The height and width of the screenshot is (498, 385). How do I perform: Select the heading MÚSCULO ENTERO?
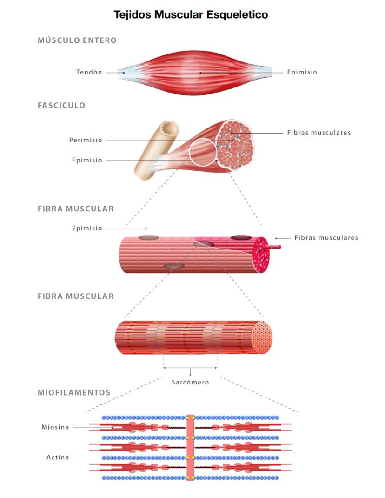tap(77, 40)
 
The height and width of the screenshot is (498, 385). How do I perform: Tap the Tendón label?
tap(89, 72)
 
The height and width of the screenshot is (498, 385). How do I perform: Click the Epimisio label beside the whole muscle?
tap(302, 72)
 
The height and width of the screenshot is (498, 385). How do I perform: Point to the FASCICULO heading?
tap(61, 105)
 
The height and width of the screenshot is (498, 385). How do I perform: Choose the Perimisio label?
tap(86, 140)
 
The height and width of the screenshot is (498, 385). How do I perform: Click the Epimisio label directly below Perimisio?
tap(87, 160)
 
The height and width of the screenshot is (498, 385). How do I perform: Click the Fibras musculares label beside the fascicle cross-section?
tap(319, 133)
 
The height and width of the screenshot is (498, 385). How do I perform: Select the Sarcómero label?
tap(190, 382)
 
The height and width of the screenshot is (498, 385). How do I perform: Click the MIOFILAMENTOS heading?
tap(74, 393)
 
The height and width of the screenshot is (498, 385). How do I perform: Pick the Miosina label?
tap(55, 427)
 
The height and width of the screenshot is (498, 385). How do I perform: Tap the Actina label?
tap(58, 458)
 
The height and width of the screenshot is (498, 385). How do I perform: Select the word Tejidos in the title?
tap(133, 14)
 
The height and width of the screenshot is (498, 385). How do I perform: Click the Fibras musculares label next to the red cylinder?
tap(326, 238)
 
